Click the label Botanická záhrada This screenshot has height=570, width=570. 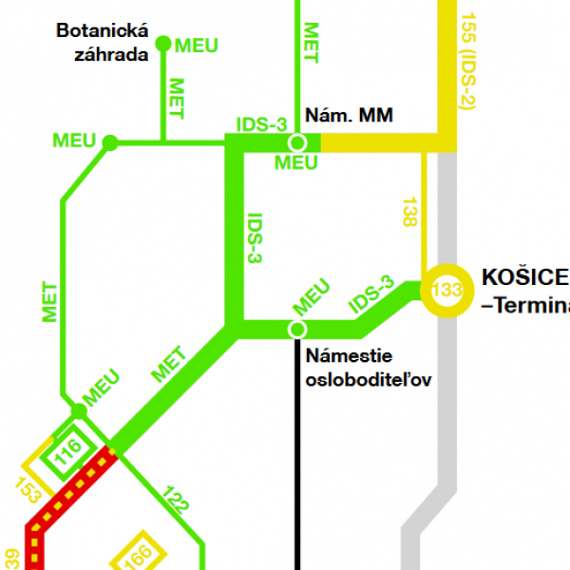click(x=102, y=43)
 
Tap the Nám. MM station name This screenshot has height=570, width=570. click(x=349, y=116)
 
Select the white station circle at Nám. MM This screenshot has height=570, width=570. click(x=297, y=142)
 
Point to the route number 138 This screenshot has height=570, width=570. click(x=409, y=210)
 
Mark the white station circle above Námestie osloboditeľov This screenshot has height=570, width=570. click(x=297, y=329)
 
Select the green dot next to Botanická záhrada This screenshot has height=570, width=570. click(x=162, y=43)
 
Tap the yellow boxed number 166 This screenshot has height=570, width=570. click(x=141, y=554)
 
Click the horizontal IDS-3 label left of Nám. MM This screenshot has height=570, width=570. click(x=260, y=124)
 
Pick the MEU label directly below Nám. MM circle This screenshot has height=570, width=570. click(x=295, y=163)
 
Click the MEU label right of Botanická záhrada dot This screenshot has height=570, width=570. click(x=197, y=46)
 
